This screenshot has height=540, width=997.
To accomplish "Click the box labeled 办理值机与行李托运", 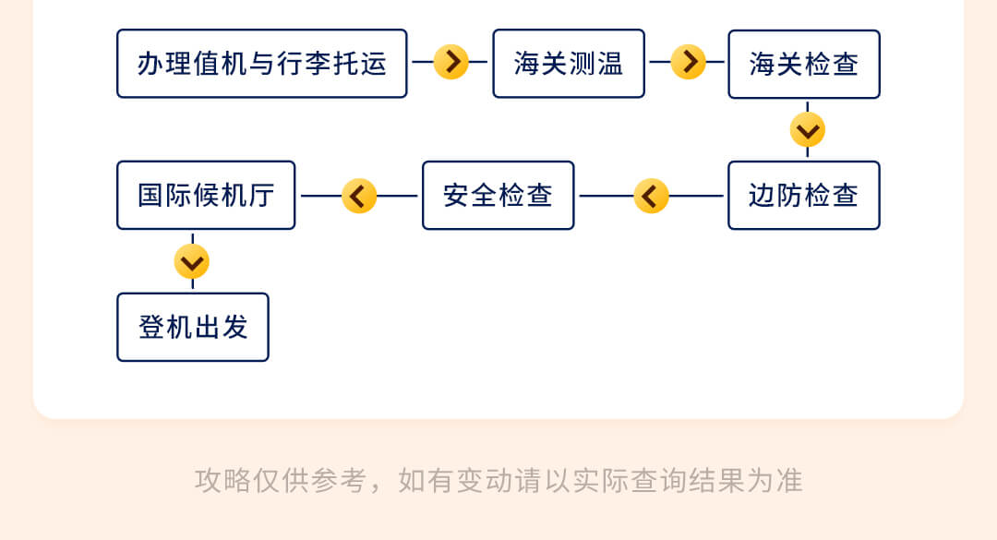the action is (262, 64).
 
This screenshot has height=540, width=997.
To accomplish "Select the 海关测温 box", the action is (569, 64).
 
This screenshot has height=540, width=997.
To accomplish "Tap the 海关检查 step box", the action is (804, 65).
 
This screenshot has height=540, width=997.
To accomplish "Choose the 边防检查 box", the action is (804, 196).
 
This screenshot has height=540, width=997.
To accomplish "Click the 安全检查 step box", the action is (498, 196).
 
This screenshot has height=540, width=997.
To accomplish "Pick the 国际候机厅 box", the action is (206, 196).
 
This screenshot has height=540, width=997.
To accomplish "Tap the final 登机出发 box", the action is (193, 327).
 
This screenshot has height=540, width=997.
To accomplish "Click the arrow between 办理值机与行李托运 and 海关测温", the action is (450, 63).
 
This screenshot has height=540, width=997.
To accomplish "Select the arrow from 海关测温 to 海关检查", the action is (688, 63).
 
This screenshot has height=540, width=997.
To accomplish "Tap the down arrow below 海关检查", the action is (808, 130).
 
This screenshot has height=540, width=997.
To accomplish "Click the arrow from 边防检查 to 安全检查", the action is (651, 196).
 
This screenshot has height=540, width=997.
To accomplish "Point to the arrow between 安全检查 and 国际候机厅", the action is (359, 196).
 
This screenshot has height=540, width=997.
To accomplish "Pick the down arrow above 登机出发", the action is (192, 261).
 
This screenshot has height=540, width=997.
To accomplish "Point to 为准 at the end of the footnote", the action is (775, 480).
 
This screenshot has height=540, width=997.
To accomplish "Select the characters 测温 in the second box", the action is (595, 64).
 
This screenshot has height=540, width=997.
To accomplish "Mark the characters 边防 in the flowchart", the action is (775, 196).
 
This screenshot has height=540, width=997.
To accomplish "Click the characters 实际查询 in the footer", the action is (629, 480).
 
